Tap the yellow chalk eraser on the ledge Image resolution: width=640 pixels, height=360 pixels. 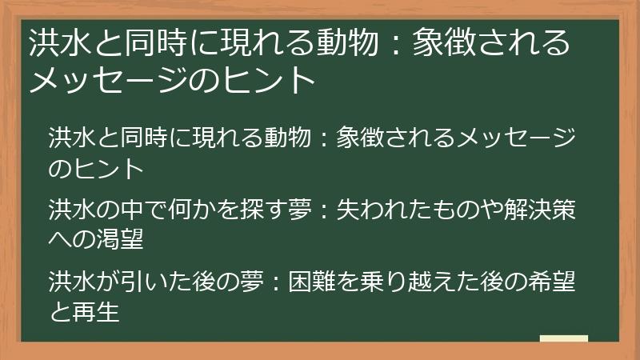click(563, 339)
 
